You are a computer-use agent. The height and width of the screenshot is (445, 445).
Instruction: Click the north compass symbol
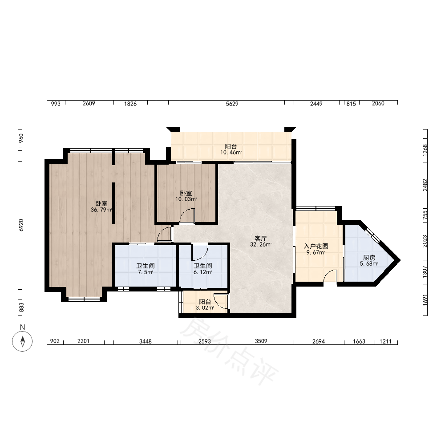pos(22,341)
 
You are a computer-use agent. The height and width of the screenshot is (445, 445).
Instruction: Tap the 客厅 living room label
pos(260,239)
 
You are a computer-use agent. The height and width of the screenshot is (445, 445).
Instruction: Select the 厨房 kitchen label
pos(369,258)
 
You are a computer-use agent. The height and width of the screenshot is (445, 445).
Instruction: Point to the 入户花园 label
pos(316,246)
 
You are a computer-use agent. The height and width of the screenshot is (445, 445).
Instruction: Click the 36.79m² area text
pos(101,210)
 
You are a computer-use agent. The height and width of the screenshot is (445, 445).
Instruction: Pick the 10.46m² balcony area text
pos(231,152)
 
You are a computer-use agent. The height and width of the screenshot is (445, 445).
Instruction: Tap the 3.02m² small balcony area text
pos(205,307)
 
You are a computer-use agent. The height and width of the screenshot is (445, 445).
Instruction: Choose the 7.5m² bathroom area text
pos(146,272)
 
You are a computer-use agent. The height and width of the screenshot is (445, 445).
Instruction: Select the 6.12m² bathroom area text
pos(203,272)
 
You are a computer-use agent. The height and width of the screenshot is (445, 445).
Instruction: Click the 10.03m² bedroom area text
pos(186,199)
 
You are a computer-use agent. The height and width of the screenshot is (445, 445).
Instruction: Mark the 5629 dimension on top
pos(232,104)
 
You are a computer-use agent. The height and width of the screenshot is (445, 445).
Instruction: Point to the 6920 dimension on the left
pos(21,225)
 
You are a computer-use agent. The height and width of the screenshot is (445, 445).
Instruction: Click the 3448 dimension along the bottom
pos(146,341)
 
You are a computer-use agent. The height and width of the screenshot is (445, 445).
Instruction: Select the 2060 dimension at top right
pos(378,104)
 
